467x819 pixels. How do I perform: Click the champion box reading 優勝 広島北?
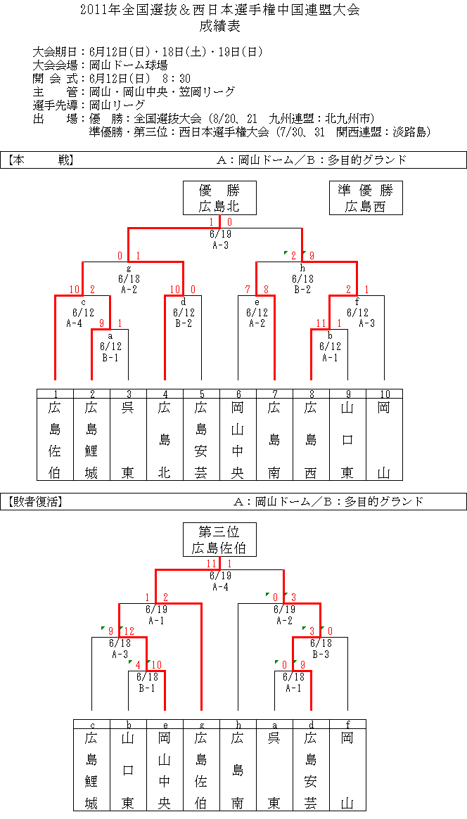click(x=219, y=198)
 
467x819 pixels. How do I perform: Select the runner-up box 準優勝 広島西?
click(x=366, y=198)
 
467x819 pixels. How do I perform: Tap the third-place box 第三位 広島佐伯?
click(x=219, y=540)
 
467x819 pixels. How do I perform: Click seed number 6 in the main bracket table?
click(x=238, y=393)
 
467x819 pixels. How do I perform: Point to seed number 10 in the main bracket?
click(x=384, y=393)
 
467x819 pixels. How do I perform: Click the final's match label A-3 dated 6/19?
click(x=220, y=245)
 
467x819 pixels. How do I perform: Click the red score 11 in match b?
click(x=322, y=324)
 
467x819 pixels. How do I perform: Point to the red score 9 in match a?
click(x=103, y=324)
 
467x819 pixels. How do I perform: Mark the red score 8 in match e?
click(x=268, y=290)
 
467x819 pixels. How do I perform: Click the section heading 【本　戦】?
click(x=40, y=160)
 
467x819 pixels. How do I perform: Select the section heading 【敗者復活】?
click(x=36, y=502)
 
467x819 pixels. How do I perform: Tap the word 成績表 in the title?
click(x=219, y=25)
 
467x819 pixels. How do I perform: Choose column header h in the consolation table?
click(x=238, y=725)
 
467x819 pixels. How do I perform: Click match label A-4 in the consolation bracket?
click(x=220, y=586)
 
